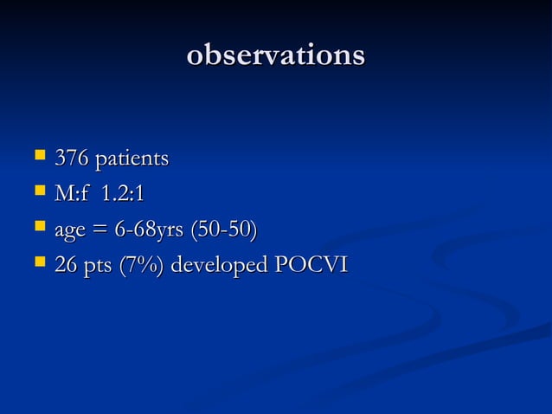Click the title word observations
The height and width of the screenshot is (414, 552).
coord(276,55)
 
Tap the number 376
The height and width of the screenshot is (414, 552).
coord(72,159)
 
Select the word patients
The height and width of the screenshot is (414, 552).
coord(132,159)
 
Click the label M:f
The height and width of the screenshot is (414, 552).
coord(72,195)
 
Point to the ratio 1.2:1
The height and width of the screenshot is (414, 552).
coord(123,195)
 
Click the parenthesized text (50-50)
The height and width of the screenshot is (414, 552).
coord(227,230)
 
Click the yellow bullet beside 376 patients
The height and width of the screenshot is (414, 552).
coord(38,158)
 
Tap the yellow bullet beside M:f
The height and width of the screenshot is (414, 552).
coord(38,193)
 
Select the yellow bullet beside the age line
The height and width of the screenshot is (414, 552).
coord(38,229)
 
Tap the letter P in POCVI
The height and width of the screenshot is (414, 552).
coord(281,265)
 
